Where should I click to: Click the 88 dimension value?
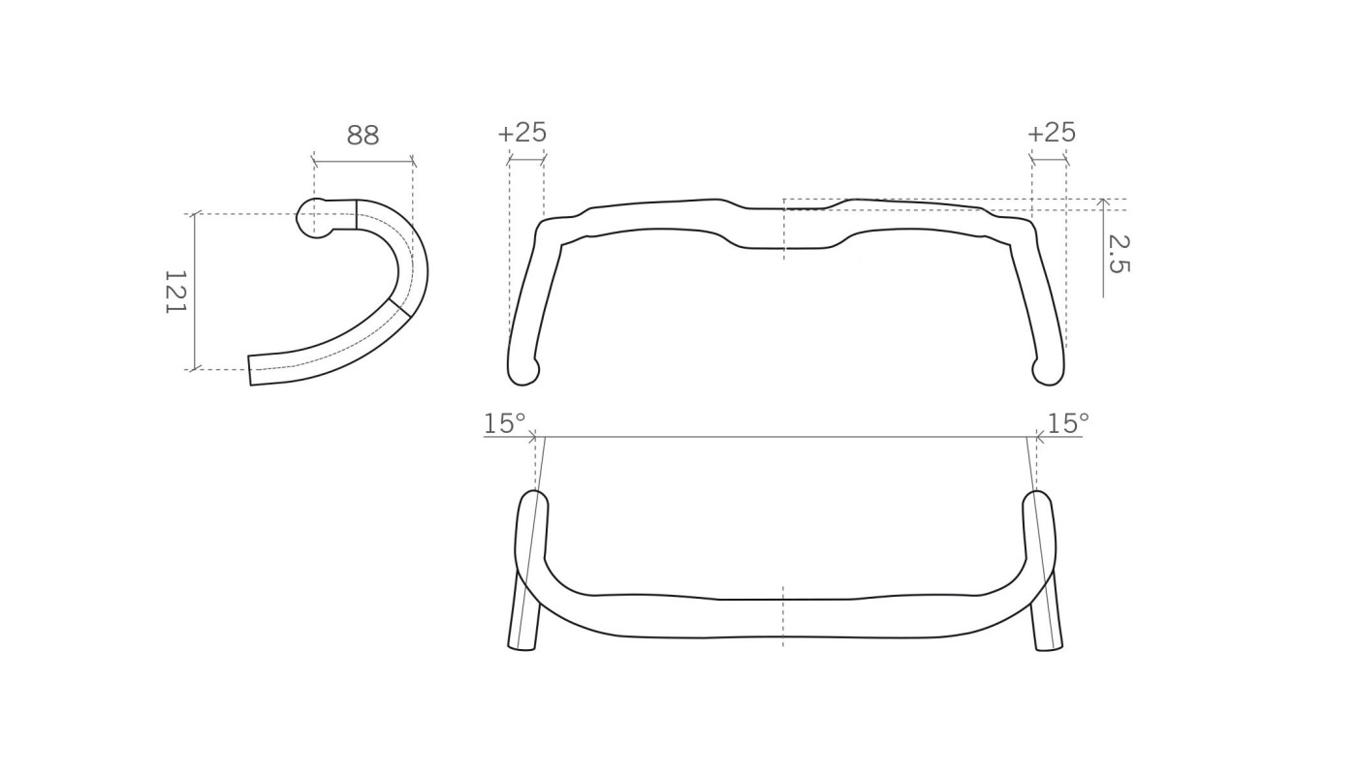click(x=363, y=136)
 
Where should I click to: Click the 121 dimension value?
click(x=175, y=292)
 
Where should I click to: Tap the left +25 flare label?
click(x=522, y=133)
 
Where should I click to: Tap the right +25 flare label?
click(x=1052, y=133)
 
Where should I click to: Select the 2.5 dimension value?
click(x=1118, y=254)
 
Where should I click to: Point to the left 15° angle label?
click(x=504, y=423)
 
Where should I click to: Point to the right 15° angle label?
click(x=1068, y=423)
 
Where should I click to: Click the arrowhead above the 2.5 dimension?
click(x=1103, y=202)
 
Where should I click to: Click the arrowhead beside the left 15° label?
click(x=532, y=437)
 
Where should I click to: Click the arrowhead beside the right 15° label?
click(x=1038, y=437)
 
